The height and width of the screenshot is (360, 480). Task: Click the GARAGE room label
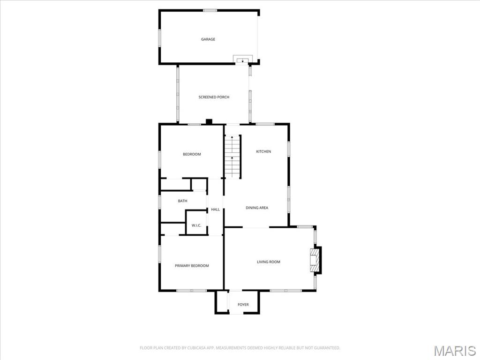pos(208,39)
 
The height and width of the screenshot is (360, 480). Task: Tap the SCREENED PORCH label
pos(214,97)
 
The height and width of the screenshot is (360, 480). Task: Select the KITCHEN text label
pos(263,151)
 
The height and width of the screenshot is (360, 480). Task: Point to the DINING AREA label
pos(257,208)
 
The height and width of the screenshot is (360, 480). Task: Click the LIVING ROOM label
pos(269,262)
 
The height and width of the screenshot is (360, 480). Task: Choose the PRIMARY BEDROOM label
pos(192,266)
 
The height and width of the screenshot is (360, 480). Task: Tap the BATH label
pos(182,201)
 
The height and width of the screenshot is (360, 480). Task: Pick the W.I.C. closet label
pos(196,225)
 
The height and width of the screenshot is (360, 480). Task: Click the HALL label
pos(215,210)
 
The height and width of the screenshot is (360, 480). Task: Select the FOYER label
pos(243,305)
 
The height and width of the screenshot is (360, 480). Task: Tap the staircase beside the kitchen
pos(233,157)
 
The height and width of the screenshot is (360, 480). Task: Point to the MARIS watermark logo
pos(455,351)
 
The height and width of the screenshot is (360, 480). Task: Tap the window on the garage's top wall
pos(210,11)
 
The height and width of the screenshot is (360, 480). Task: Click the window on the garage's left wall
pos(159,38)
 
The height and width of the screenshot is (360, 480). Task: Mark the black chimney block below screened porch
pos(209,121)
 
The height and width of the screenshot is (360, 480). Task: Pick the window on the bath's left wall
pos(159,202)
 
